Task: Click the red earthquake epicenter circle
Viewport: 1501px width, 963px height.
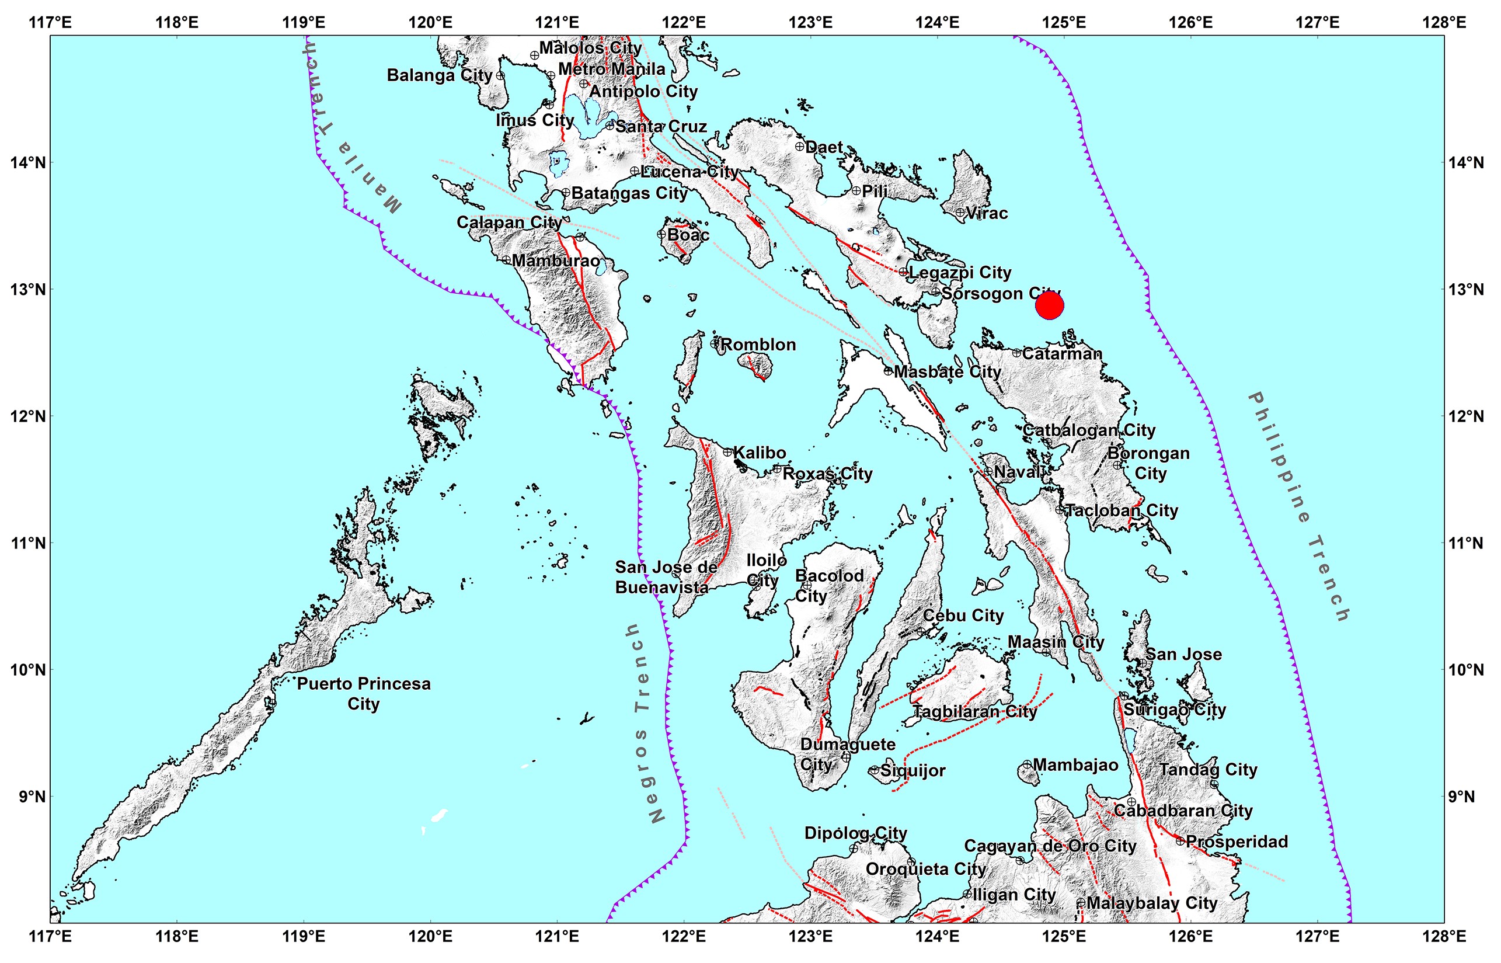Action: [1049, 306]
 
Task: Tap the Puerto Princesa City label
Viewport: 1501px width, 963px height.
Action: [363, 693]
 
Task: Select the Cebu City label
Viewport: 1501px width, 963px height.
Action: [963, 616]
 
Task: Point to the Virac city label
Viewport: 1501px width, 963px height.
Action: [987, 213]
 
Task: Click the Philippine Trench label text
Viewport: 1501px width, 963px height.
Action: [1299, 507]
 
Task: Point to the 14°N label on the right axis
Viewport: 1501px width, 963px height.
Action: [1466, 162]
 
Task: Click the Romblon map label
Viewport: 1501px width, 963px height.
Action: [758, 345]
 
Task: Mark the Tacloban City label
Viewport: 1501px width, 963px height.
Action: [1121, 510]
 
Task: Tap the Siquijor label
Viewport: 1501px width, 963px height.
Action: [913, 770]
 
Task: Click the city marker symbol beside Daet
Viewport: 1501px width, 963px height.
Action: [800, 147]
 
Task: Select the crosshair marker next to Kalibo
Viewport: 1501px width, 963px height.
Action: [727, 451]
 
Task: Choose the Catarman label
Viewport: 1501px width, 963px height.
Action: [1062, 353]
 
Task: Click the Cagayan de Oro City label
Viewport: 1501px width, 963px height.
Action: [1050, 846]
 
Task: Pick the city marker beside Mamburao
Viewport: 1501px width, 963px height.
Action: [506, 259]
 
